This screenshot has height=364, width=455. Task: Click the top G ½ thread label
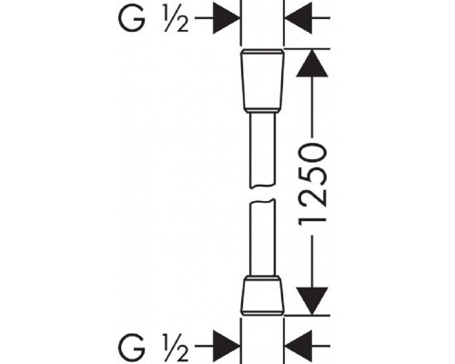pos(154,18)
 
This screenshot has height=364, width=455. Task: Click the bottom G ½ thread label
pos(154,347)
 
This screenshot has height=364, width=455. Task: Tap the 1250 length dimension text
pos(313,185)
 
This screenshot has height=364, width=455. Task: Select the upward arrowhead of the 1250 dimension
pos(312,64)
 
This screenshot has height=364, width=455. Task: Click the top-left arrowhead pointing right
pos(227,18)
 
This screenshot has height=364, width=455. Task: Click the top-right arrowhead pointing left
pos(298,18)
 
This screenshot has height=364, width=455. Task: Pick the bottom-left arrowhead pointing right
pos(227,346)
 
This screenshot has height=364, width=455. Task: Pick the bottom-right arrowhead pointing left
pos(298,346)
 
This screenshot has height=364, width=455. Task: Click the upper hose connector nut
pos(262,81)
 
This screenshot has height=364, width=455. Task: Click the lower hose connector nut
pos(262,296)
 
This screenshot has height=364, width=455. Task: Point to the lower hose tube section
pos(262,238)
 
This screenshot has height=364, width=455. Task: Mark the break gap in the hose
pos(262,194)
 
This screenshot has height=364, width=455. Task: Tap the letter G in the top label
pos(131,18)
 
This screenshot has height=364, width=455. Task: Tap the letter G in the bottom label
pos(131,347)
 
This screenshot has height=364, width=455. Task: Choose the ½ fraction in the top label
pos(176,19)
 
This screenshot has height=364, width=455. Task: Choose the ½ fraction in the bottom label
pos(176,347)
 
